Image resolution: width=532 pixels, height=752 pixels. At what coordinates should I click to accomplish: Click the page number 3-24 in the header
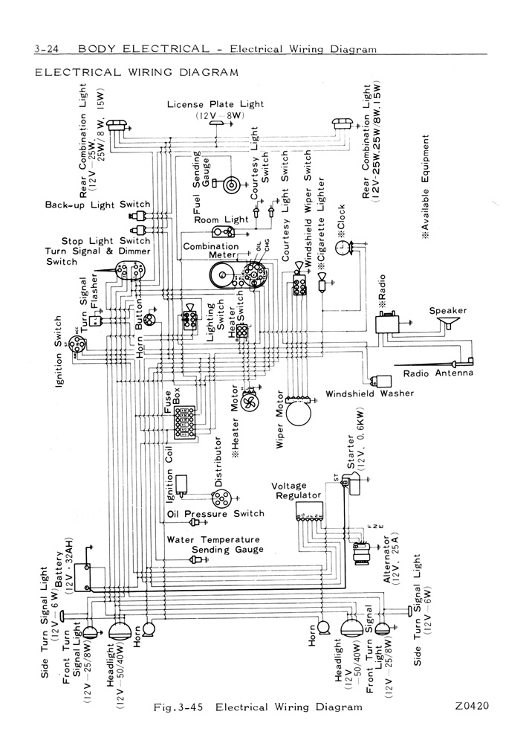click(47, 50)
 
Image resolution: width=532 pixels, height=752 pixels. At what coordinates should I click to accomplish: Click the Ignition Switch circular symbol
click(77, 343)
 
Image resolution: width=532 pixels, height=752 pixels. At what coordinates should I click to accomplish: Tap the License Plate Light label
click(215, 105)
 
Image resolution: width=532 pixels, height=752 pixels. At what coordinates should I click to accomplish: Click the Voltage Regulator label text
click(296, 490)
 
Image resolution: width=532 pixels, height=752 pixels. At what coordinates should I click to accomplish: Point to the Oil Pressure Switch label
click(215, 514)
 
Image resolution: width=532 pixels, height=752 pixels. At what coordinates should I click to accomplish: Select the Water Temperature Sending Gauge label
click(214, 544)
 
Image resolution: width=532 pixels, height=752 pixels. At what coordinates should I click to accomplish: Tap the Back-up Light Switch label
click(97, 205)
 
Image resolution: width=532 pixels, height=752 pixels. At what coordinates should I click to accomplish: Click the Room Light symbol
click(224, 231)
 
